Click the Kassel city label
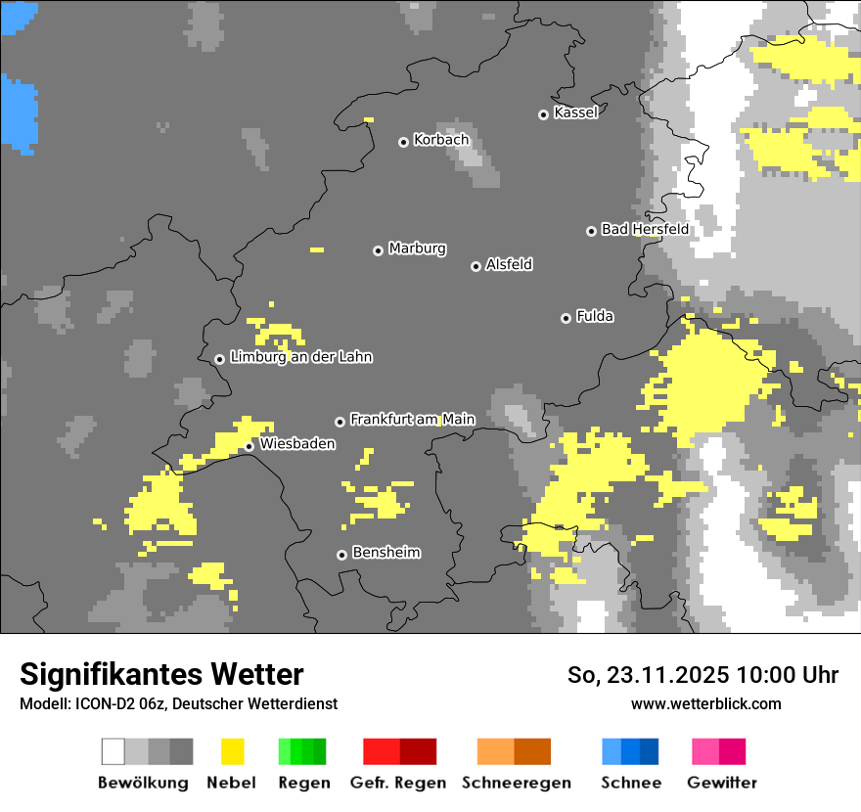click(575, 113)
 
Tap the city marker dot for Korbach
click(403, 142)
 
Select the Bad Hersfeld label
click(645, 229)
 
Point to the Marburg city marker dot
click(378, 250)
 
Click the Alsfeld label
click(509, 264)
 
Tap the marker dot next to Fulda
click(566, 318)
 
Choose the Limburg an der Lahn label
click(300, 357)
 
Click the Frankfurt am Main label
click(412, 419)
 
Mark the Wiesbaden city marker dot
click(249, 446)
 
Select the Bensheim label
click(385, 552)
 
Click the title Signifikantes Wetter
click(161, 674)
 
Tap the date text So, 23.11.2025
click(648, 675)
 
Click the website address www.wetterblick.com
click(705, 703)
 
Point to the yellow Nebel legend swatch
click(232, 751)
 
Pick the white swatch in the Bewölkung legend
click(113, 751)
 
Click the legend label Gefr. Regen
click(397, 783)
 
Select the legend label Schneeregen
click(517, 783)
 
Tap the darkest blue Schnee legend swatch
click(650, 751)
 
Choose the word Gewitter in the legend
click(721, 783)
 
